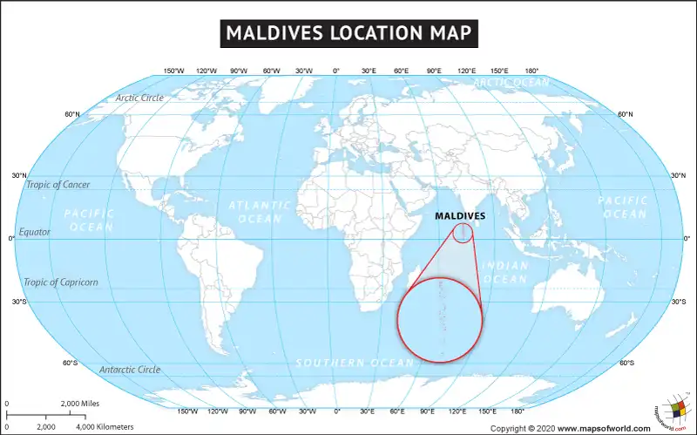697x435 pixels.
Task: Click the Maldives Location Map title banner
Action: pos(348,33)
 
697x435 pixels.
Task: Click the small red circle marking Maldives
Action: pos(463,233)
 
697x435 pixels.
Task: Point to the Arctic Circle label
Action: pos(139,98)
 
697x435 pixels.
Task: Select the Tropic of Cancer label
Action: pos(58,185)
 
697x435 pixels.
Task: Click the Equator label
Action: pos(35,232)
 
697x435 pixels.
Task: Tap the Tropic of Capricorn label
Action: pos(61,282)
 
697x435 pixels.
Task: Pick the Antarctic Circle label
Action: pos(130,370)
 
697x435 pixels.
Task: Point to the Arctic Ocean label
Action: pos(511,83)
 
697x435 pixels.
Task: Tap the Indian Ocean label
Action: pos(504,272)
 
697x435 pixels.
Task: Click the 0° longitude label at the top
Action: pos(336,71)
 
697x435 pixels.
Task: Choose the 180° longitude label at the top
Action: pos(531,71)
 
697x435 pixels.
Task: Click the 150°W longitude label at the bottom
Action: pos(186,411)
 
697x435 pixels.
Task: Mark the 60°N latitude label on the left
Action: pos(72,114)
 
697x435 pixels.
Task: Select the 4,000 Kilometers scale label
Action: pos(105,426)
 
